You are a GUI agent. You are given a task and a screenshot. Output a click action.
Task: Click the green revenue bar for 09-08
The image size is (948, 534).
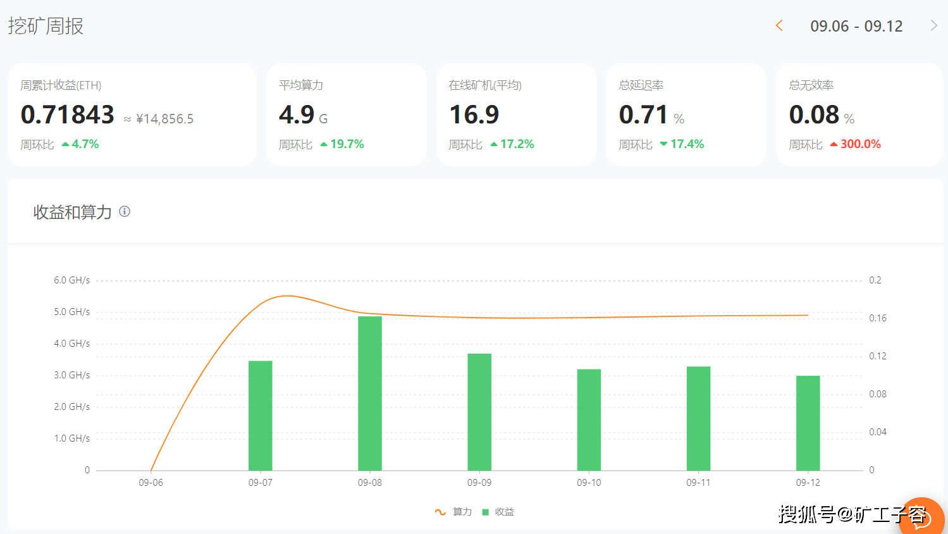pos(370,394)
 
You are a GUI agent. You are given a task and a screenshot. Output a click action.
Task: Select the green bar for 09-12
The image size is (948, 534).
pos(808,423)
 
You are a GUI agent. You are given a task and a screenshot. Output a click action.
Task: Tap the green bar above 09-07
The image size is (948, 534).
pos(261,416)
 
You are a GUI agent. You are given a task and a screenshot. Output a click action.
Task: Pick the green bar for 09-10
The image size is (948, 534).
pos(589,419)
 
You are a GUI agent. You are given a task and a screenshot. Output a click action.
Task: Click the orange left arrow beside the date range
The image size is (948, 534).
pos(779,26)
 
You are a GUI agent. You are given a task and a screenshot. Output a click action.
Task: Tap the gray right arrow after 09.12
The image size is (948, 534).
pos(933,26)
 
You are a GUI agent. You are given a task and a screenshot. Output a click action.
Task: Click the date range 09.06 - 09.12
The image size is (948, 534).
pos(856,26)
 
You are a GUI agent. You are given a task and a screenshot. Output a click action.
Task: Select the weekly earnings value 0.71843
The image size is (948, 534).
pos(67,115)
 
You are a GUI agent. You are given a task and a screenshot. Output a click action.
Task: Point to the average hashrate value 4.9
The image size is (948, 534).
pos(296,115)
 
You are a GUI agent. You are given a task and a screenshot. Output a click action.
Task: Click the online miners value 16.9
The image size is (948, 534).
pos(474,115)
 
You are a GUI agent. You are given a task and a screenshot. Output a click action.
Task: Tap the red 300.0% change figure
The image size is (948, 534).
pos(860,144)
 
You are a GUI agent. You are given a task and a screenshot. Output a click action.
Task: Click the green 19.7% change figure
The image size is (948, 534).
pos(347,144)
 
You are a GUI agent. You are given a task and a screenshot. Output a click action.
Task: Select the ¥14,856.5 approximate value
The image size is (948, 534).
pos(164,119)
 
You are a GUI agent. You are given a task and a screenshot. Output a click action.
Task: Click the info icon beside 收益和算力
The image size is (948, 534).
pos(125,211)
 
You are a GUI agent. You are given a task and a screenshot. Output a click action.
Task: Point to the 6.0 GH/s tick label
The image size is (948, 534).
pos(71,280)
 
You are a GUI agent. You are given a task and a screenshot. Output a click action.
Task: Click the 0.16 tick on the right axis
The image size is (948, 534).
pos(878,318)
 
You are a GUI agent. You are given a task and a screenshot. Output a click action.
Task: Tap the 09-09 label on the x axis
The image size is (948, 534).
pos(479,483)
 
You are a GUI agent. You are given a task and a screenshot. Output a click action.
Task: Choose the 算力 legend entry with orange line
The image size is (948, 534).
pos(453,512)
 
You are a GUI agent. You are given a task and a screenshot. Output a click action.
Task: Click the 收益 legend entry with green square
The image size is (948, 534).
pos(498,512)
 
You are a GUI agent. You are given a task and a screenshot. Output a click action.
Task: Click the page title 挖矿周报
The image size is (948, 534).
pos(46,26)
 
